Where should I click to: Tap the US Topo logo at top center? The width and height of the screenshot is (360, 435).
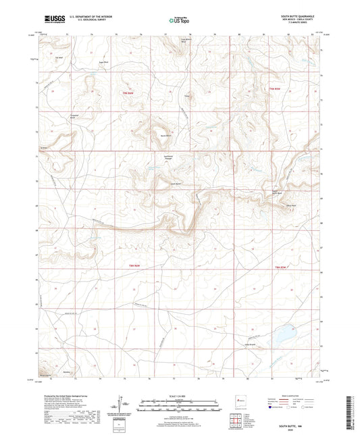coord(179,21)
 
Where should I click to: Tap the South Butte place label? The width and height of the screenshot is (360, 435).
coord(175,184)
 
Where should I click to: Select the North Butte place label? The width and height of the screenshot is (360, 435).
coord(164,136)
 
